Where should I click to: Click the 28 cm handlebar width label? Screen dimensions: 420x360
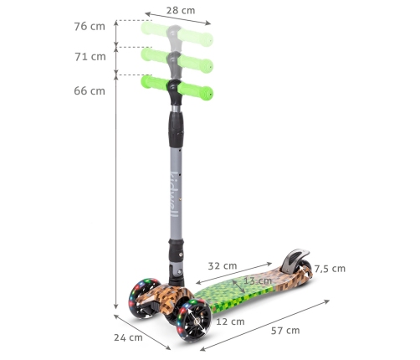181,11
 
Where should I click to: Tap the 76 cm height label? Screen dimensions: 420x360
90,27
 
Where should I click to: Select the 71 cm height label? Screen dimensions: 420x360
90,57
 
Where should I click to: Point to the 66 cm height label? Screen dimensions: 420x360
90,91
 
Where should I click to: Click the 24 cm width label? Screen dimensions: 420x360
128,337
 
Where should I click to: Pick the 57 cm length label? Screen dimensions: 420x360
285,331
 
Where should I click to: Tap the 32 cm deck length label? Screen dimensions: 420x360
223,266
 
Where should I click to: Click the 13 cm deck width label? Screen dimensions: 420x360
258,280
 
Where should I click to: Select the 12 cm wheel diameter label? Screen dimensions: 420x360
230,321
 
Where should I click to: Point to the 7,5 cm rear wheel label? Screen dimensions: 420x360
330,269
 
